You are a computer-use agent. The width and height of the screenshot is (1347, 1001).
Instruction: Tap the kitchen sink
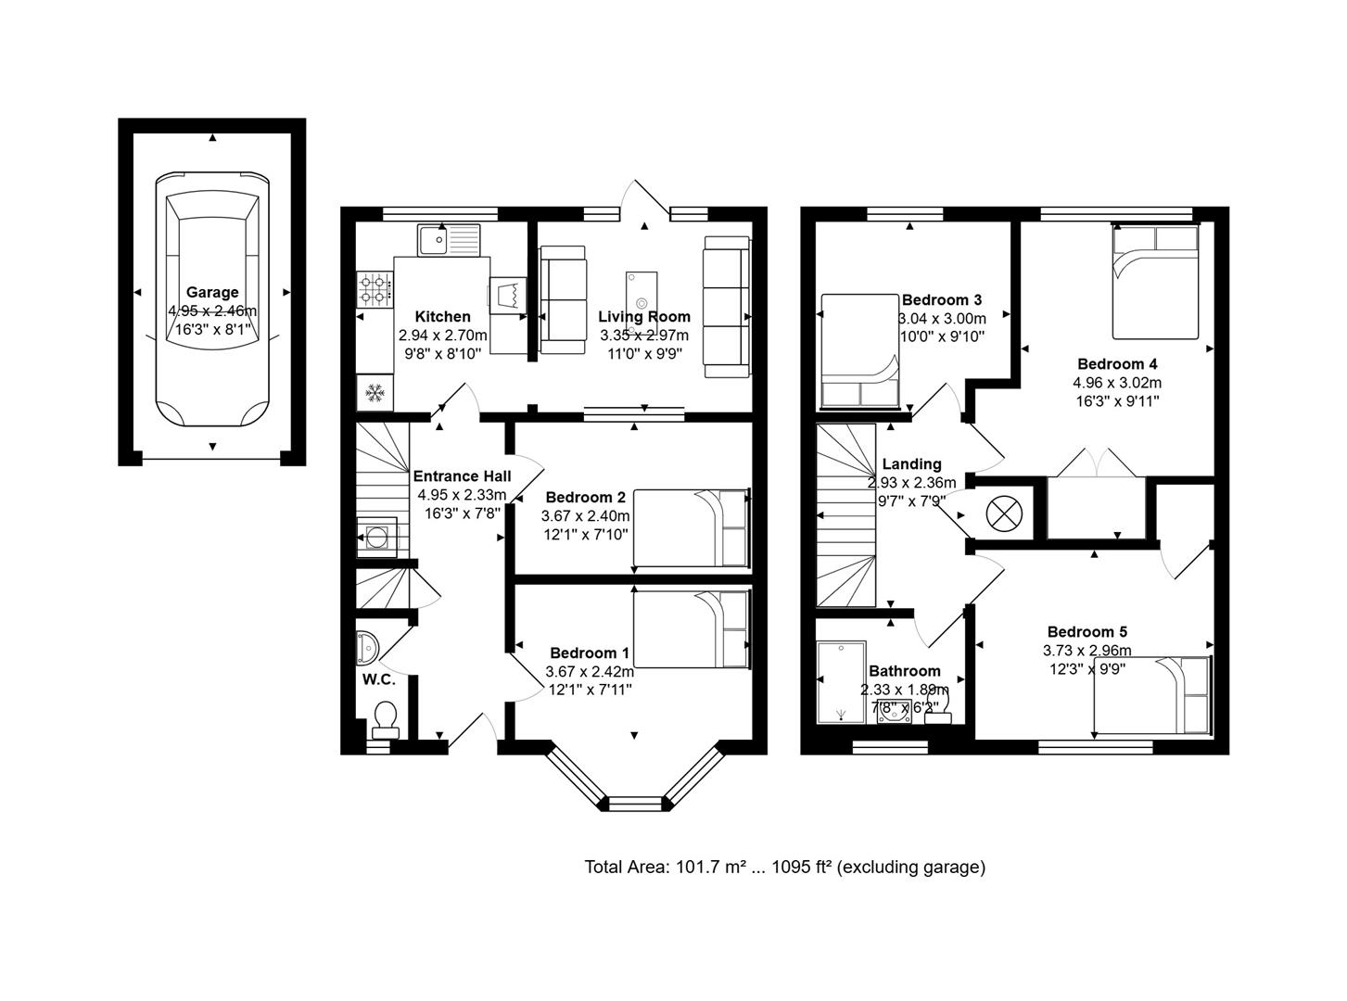pos(449,240)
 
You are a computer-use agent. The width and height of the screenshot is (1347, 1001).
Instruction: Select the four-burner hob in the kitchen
pos(375,288)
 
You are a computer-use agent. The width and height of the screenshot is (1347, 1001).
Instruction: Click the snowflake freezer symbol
pos(375,393)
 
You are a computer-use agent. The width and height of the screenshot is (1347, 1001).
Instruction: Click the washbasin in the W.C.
pos(365,647)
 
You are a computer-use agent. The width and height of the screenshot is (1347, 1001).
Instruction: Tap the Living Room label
pos(643,317)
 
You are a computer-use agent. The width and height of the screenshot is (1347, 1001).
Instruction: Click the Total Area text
pos(784,867)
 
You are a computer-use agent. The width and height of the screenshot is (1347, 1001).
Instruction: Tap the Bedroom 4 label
pos(1116,364)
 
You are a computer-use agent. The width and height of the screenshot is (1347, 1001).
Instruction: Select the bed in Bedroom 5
pos(1152,695)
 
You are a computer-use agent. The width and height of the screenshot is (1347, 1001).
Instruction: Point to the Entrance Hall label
pos(461,476)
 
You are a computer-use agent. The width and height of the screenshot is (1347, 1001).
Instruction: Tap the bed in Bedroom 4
pos(1155,283)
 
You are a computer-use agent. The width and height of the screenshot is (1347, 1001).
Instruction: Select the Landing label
pos(911,464)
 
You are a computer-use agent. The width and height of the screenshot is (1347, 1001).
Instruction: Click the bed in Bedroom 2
pos(691,527)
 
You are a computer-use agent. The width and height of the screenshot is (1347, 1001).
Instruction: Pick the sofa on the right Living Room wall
pos(726,306)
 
